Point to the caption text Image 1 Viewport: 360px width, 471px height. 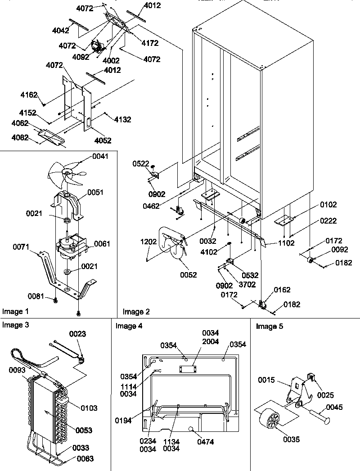[15, 311]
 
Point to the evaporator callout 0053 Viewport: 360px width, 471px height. [84, 431]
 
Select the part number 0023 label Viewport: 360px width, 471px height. [77, 334]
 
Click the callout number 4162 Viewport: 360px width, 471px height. [28, 95]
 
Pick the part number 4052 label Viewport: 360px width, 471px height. [103, 140]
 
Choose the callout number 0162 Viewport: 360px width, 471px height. [282, 290]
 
